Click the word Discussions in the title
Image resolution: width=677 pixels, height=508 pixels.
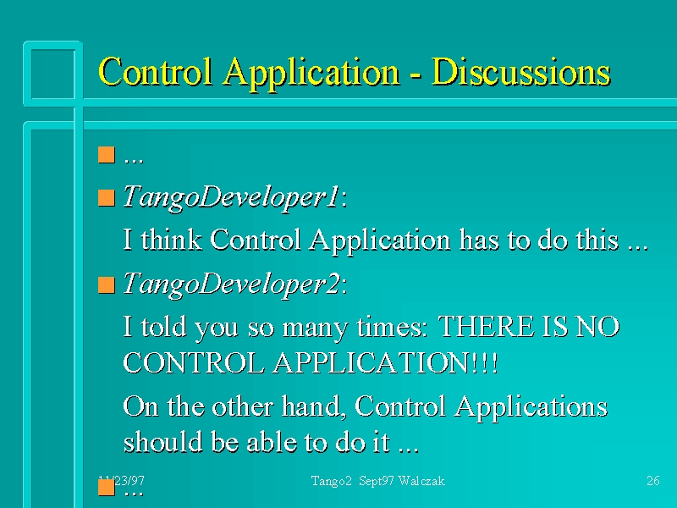click(520, 72)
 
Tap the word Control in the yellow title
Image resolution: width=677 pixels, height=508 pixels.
click(156, 71)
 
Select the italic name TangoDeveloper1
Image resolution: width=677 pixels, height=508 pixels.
click(231, 198)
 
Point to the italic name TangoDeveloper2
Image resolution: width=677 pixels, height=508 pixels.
click(231, 284)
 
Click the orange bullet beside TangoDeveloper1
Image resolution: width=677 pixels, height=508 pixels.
click(107, 198)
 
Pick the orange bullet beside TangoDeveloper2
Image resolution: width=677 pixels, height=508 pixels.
click(107, 285)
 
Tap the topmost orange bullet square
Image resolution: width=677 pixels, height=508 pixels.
click(107, 155)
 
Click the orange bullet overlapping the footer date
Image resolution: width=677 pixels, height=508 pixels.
click(107, 488)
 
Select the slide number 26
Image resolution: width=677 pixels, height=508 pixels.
click(652, 481)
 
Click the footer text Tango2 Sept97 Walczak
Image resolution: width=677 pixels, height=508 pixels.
click(377, 481)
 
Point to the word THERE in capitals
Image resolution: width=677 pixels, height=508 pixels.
click(485, 327)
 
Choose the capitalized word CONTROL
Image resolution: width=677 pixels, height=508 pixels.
click(194, 362)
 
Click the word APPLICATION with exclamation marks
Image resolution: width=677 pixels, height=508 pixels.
click(385, 362)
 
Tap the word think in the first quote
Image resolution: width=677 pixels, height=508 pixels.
click(172, 239)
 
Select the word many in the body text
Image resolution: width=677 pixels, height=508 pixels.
click(315, 329)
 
